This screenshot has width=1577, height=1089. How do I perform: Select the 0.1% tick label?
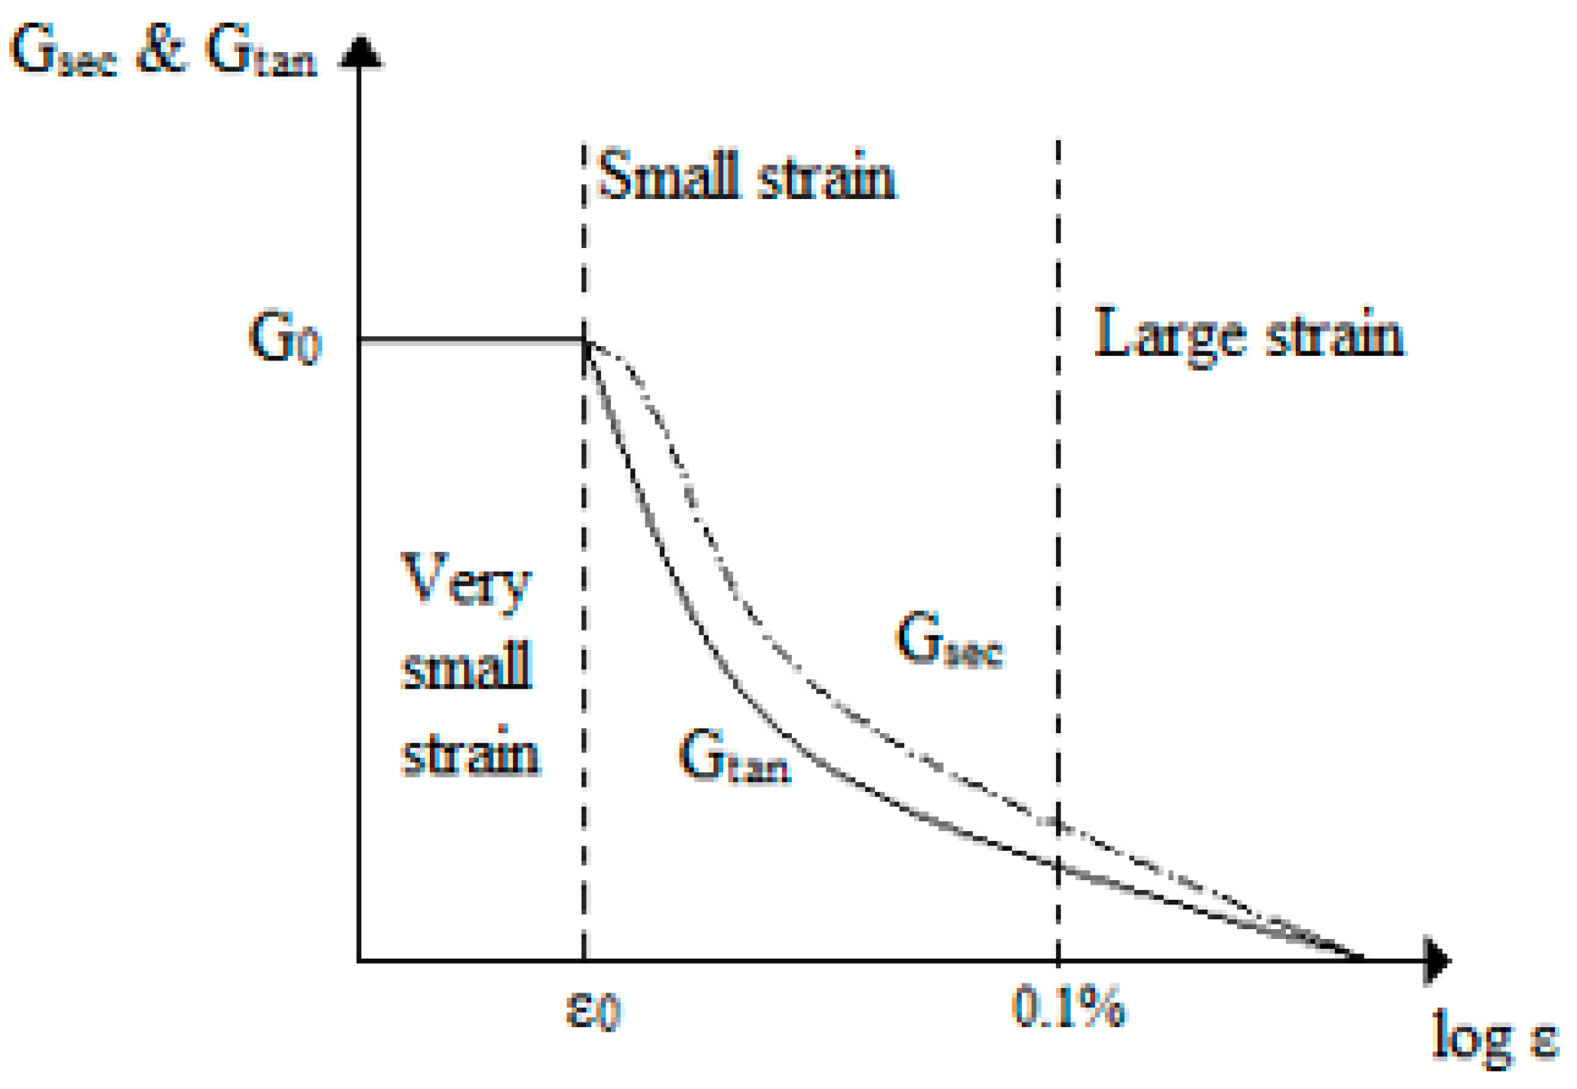(x=1068, y=1006)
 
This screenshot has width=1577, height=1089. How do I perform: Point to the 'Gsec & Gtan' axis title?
(x=162, y=51)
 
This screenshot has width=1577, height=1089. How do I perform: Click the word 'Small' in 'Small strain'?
(x=667, y=175)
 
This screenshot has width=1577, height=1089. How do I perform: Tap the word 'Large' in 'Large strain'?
(x=1169, y=334)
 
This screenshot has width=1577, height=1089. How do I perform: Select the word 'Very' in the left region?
(x=465, y=581)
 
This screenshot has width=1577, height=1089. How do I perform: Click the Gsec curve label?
(x=950, y=640)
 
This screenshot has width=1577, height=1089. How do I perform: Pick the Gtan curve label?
(x=733, y=757)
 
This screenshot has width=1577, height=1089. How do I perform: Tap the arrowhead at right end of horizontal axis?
(x=1437, y=960)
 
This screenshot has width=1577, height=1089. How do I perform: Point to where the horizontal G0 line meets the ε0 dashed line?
(x=584, y=342)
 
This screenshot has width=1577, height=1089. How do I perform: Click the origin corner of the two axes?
(x=360, y=960)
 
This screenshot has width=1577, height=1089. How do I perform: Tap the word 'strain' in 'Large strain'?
(x=1335, y=334)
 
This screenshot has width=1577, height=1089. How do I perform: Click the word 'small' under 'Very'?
(x=467, y=665)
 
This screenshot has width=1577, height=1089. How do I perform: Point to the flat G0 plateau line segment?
(x=471, y=342)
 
